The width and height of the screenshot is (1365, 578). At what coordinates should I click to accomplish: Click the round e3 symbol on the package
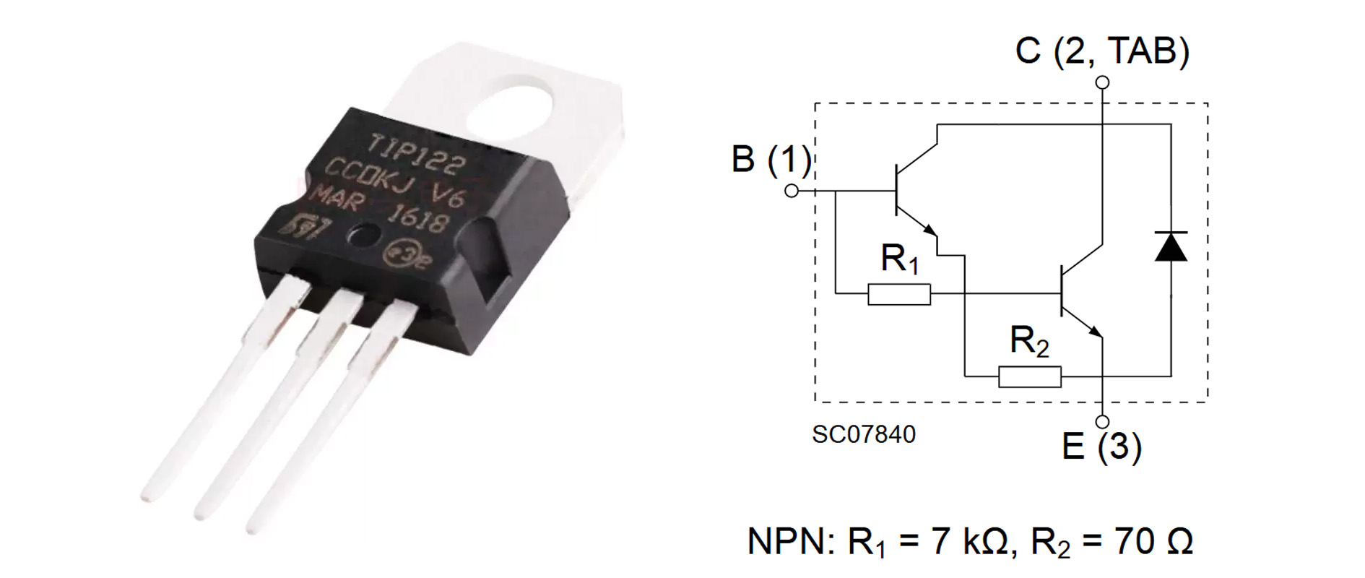pos(404,252)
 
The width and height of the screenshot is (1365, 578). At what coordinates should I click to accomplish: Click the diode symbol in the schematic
pos(1171,246)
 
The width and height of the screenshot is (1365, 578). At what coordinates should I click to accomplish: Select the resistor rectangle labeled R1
pos(898,294)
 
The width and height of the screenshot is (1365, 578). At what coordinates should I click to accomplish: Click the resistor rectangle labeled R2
pos(1029,376)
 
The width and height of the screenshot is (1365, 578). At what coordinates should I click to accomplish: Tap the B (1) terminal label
pos(771,160)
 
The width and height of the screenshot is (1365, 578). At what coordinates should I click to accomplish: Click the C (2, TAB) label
pos(1102,51)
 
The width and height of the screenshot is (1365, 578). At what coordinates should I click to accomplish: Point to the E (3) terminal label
pos(1101,446)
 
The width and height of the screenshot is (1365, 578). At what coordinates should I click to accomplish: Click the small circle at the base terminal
pos(792,191)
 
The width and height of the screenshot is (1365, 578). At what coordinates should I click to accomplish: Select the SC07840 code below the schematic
pos(863,434)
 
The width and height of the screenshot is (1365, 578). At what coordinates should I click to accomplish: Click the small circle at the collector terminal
pos(1102,82)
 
